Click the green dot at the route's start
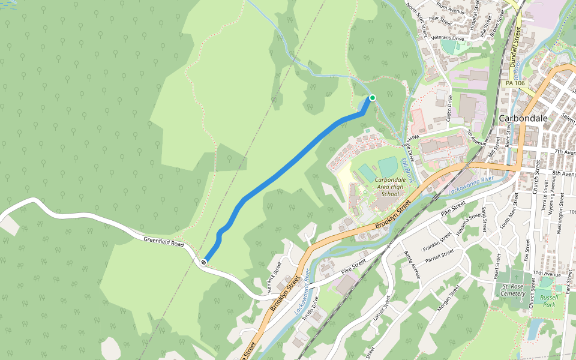click(x=372, y=98)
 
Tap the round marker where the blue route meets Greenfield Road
click(x=205, y=262)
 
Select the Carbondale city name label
click(x=523, y=118)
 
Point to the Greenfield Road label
click(x=163, y=242)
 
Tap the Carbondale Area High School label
click(x=389, y=187)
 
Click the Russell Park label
click(x=549, y=301)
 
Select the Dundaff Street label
click(x=514, y=47)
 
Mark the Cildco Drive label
click(x=450, y=112)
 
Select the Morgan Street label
click(x=449, y=298)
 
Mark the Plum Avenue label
click(x=451, y=9)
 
